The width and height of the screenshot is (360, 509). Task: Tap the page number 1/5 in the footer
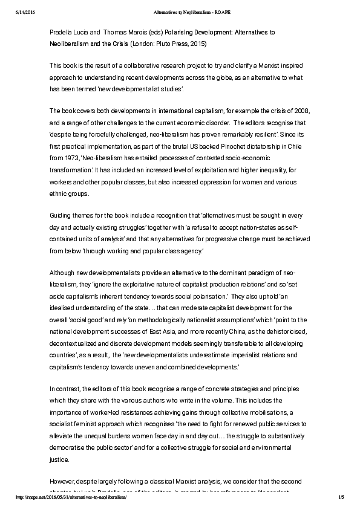341,496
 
